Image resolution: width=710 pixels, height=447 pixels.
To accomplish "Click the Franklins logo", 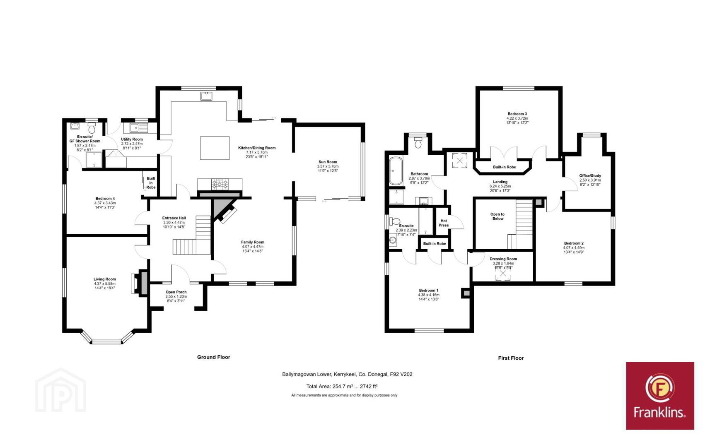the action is click(660, 396).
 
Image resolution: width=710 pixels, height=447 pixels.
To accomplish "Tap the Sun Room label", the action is click(328, 161).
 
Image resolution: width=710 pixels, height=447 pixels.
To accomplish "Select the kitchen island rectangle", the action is click(215, 148).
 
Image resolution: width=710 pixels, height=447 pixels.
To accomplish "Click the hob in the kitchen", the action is click(220, 184).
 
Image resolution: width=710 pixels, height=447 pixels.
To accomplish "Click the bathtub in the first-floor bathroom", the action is click(396, 171).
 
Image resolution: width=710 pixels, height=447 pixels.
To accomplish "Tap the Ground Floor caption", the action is click(214, 357).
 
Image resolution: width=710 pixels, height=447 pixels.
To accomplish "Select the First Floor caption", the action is click(511, 358).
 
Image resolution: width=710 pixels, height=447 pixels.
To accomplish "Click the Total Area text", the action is click(342, 387).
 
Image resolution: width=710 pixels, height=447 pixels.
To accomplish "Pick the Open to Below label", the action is click(497, 216).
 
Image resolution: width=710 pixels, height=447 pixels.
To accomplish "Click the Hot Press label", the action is click(443, 223).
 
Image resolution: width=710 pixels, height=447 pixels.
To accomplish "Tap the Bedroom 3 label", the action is click(517, 114).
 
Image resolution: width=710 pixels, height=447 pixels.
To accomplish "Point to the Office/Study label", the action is click(590, 175).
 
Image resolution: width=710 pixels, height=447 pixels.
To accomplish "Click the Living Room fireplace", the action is click(140, 283).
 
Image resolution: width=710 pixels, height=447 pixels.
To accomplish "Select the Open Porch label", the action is click(176, 292).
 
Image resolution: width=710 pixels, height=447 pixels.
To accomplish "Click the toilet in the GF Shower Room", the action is click(92, 128).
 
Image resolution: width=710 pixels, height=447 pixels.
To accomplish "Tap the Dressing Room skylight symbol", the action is click(503, 274).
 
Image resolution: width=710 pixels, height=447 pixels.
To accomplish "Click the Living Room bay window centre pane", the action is click(106, 342).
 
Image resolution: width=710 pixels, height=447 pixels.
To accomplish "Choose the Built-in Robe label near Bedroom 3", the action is click(504, 167).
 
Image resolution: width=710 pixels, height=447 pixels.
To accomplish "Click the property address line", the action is click(347, 374).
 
